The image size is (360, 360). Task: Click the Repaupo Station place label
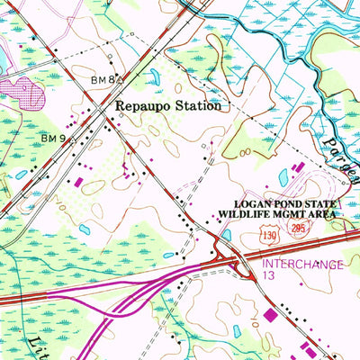[167, 106]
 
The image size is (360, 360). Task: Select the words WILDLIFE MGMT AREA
[276, 216]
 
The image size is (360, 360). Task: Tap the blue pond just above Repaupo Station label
[154, 77]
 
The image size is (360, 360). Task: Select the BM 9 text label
[52, 138]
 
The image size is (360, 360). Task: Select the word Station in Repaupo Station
[196, 106]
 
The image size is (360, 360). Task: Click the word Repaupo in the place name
[139, 106]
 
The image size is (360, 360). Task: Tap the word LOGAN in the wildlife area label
[254, 204]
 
